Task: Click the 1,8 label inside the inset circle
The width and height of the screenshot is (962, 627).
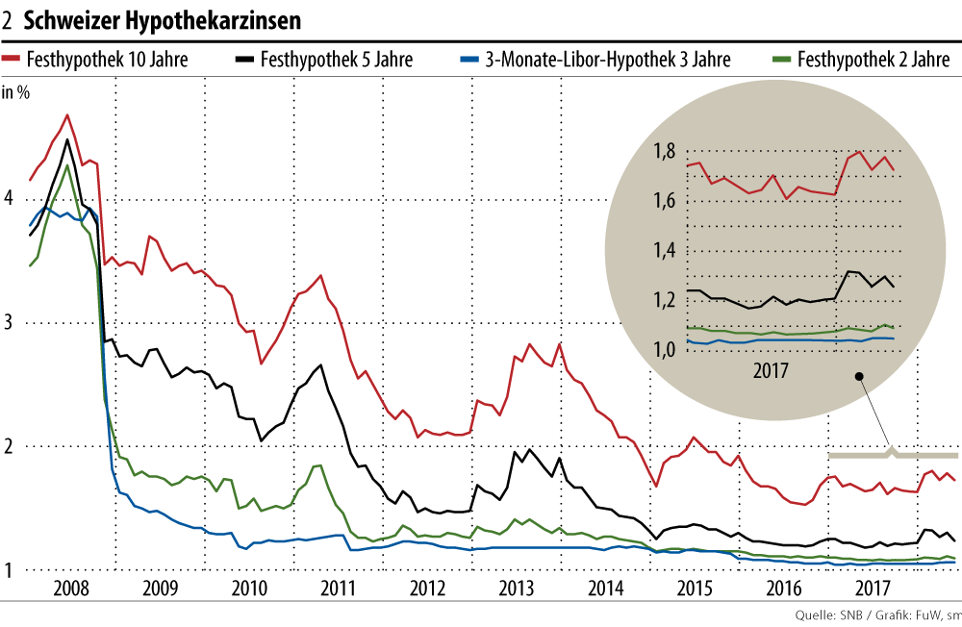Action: (x=664, y=152)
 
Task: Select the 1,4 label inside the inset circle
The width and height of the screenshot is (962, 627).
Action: (x=664, y=251)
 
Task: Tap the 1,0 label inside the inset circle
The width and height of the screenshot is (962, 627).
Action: (x=664, y=350)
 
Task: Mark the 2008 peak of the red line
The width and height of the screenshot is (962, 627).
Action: (x=66, y=115)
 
